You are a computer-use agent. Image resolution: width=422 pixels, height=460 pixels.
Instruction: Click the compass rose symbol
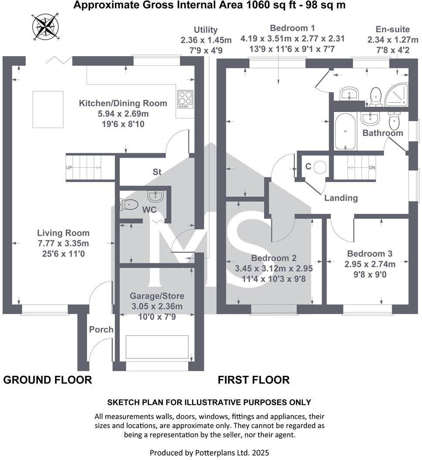[x=45, y=26]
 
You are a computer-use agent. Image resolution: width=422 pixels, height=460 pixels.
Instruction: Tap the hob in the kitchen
[x=185, y=99]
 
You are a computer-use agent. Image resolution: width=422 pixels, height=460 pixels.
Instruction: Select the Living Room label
[x=63, y=233]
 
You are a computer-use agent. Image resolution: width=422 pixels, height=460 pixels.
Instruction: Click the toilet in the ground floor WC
[x=129, y=204]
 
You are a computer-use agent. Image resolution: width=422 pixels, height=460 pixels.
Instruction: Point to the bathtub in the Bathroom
[x=345, y=132]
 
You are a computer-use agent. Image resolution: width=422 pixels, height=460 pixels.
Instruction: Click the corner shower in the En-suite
[x=397, y=95]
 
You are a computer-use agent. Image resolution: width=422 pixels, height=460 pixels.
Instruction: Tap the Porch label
[x=101, y=329]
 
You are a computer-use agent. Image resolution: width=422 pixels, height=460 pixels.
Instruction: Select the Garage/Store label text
[x=157, y=296]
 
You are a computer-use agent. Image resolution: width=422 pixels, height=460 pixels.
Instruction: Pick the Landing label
[x=341, y=198]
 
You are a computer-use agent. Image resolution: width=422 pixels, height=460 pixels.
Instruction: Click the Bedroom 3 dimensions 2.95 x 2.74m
[x=370, y=264]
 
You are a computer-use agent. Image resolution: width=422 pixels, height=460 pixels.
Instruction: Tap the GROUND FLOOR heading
[x=47, y=380]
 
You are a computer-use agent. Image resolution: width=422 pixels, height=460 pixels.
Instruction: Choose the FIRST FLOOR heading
[x=253, y=380]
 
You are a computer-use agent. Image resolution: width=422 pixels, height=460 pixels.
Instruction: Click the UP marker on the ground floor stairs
[x=69, y=167]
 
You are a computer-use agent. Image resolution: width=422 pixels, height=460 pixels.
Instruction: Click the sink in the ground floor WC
[x=155, y=196]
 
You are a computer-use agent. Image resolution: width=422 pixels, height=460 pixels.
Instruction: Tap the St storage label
[x=157, y=172]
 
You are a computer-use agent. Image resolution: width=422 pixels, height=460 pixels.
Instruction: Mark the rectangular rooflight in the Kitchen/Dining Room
[x=48, y=109]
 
